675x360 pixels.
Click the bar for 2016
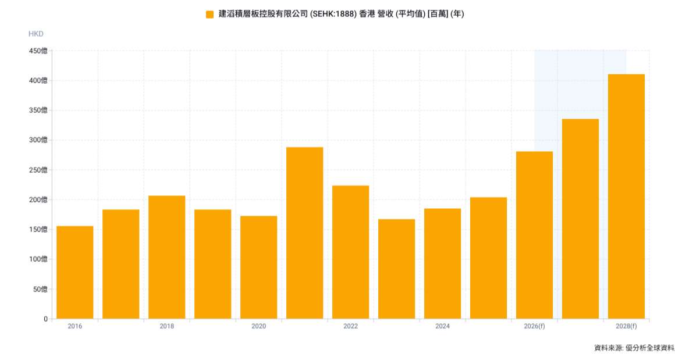point(75,272)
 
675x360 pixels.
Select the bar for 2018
point(167,257)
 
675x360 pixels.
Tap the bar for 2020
point(259,268)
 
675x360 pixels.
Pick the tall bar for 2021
point(305,233)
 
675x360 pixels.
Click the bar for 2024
point(443,263)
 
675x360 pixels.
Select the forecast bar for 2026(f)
point(534,235)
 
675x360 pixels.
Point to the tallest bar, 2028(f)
point(626,197)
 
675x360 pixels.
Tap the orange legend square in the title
point(209,14)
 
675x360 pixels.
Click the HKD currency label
point(36,34)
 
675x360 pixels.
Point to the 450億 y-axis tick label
point(38,51)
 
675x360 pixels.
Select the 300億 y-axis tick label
point(38,140)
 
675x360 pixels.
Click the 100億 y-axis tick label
point(38,259)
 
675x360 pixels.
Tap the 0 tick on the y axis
point(45,319)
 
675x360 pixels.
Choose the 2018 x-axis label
point(167,326)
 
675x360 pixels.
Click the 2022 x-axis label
point(351,326)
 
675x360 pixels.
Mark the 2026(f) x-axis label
point(534,326)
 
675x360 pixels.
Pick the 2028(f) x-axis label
point(626,326)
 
